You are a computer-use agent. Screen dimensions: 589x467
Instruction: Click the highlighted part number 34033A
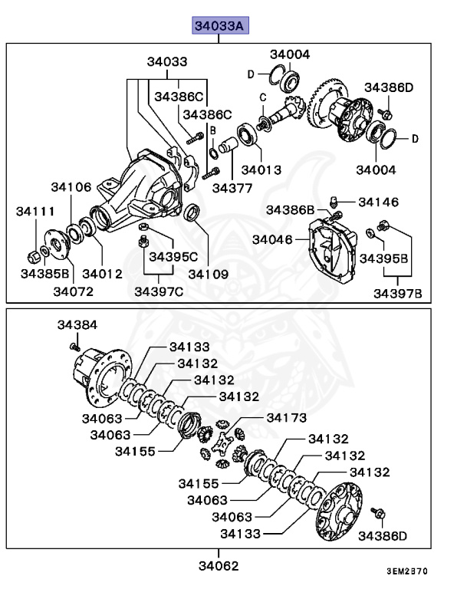click(219, 27)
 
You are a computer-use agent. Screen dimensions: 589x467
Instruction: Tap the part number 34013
click(261, 169)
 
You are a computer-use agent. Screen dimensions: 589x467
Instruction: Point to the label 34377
click(232, 186)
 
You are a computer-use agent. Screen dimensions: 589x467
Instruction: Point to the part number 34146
click(378, 202)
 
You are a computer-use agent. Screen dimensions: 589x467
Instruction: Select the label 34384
click(77, 325)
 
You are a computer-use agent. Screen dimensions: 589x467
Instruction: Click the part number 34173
click(286, 417)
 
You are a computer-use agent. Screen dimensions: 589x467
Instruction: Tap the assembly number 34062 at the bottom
click(219, 566)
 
